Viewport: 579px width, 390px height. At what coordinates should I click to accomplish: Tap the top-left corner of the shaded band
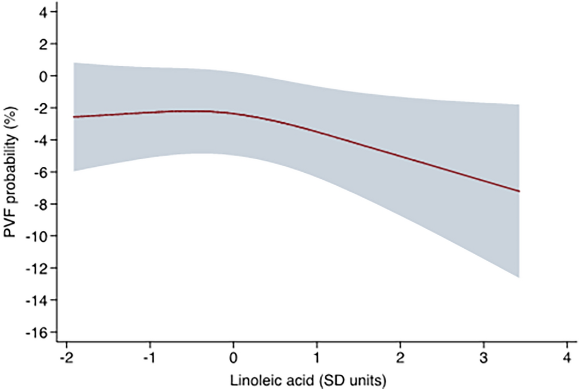pos(74,63)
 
